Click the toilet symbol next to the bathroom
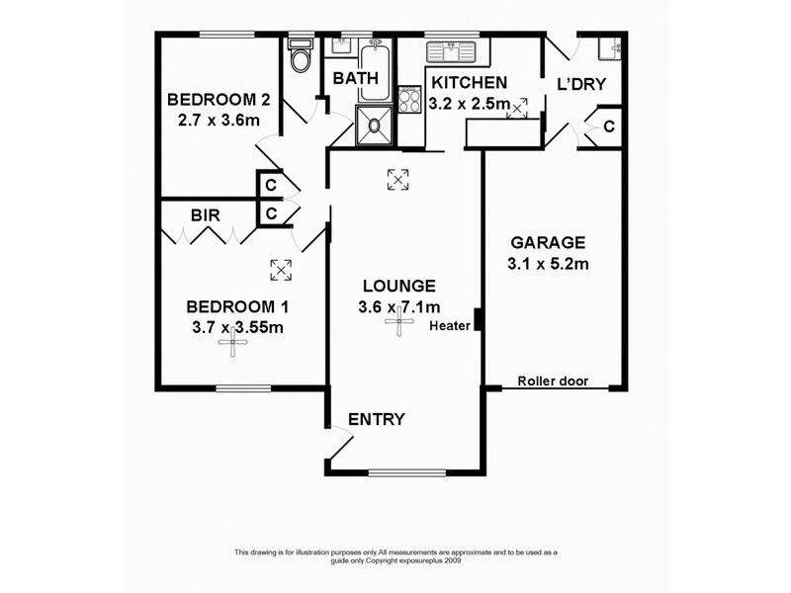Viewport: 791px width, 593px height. pyautogui.click(x=300, y=56)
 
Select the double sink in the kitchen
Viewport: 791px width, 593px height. pyautogui.click(x=451, y=49)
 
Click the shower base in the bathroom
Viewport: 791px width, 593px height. pyautogui.click(x=374, y=126)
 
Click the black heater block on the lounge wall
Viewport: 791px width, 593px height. pyautogui.click(x=478, y=320)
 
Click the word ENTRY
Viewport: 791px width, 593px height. pyautogui.click(x=377, y=419)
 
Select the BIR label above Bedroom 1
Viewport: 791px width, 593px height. pyautogui.click(x=206, y=213)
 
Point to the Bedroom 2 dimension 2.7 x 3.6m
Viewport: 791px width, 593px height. pyautogui.click(x=213, y=121)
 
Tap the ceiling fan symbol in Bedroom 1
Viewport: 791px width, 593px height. pyautogui.click(x=233, y=344)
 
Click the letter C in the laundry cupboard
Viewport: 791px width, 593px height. pyautogui.click(x=609, y=127)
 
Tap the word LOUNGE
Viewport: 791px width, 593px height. pyautogui.click(x=399, y=285)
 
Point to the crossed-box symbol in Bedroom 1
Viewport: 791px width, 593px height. pyautogui.click(x=281, y=269)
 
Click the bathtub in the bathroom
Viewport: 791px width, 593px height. pyautogui.click(x=375, y=70)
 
